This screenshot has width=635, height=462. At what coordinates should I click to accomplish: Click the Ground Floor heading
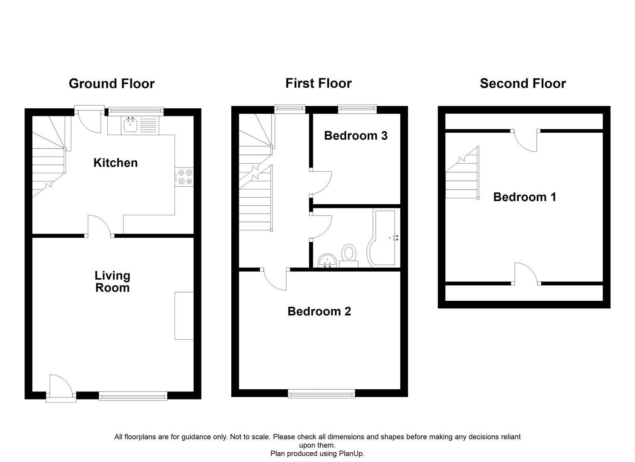112,83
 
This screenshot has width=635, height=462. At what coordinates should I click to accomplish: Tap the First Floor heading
318,83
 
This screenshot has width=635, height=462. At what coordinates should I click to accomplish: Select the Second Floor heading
523,83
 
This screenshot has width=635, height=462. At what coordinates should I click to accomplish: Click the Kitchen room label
115,163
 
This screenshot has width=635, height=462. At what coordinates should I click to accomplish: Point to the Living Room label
112,281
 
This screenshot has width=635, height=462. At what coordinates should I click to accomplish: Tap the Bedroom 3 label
355,136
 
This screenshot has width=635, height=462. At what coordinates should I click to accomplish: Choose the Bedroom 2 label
319,311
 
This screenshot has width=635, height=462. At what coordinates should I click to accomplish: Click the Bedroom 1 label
524,197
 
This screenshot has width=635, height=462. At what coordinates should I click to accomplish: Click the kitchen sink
130,125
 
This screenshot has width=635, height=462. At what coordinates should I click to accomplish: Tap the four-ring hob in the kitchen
185,177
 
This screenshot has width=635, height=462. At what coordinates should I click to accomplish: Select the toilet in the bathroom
349,254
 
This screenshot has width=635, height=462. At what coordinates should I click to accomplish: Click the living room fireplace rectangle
184,316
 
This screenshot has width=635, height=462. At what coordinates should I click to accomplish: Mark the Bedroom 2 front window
321,394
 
